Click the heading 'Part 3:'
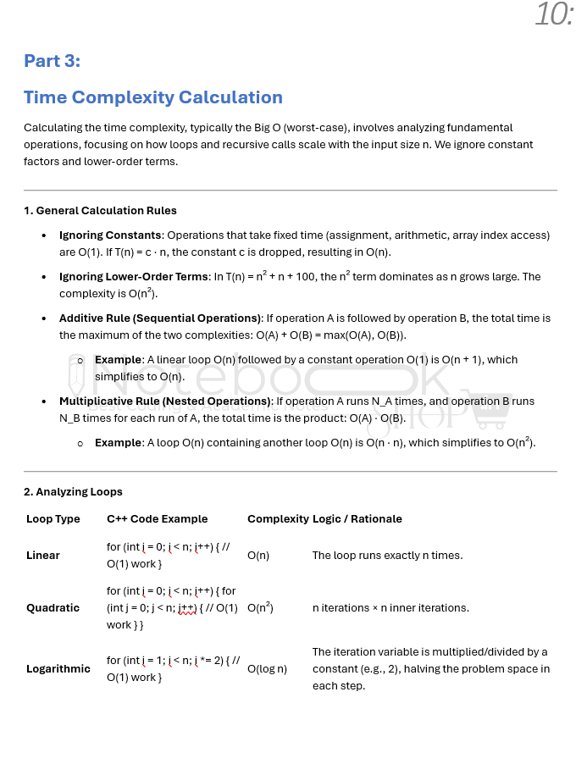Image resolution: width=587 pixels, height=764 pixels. point(52,61)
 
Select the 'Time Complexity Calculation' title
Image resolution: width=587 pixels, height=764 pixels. point(152,97)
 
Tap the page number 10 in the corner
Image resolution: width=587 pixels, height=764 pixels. point(554,14)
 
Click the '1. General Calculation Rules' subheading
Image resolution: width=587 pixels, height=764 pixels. point(100,210)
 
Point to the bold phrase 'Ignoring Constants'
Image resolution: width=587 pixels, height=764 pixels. point(110,235)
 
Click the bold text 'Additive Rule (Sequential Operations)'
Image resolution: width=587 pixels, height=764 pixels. point(160,318)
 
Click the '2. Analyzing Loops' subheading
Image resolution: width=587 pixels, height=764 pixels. point(73,491)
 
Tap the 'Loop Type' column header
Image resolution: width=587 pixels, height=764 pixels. point(53,518)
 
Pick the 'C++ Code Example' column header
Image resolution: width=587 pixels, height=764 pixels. point(157,518)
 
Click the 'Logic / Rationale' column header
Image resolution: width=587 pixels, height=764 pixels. point(357,518)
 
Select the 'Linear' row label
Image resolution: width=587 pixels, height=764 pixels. point(43,556)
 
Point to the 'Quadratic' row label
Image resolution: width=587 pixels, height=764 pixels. point(53,607)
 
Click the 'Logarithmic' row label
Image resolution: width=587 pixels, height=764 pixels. point(58,668)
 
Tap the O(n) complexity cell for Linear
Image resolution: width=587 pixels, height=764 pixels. point(258,556)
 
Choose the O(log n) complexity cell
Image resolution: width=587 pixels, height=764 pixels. point(267,669)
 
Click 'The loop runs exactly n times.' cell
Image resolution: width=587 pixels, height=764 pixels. point(387,556)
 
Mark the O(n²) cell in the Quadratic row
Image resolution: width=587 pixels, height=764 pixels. point(260,607)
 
